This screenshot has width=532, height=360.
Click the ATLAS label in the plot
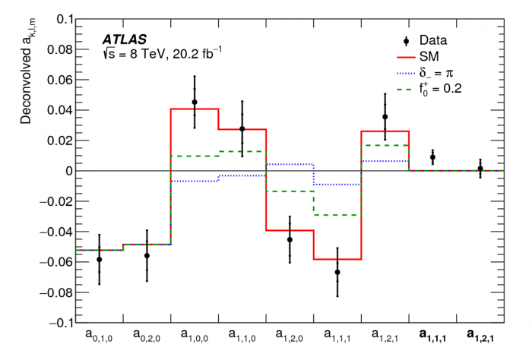125,38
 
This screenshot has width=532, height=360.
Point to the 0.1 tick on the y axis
64,19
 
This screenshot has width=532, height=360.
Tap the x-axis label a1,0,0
195,336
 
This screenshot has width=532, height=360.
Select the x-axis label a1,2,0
290,336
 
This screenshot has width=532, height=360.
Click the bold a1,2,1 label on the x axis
480,336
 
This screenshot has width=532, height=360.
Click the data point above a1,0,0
195,102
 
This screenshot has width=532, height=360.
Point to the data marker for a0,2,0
147,256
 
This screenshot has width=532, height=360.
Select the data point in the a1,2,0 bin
290,240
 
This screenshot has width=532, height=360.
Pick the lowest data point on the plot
337,272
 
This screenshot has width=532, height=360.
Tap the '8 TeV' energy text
151,53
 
